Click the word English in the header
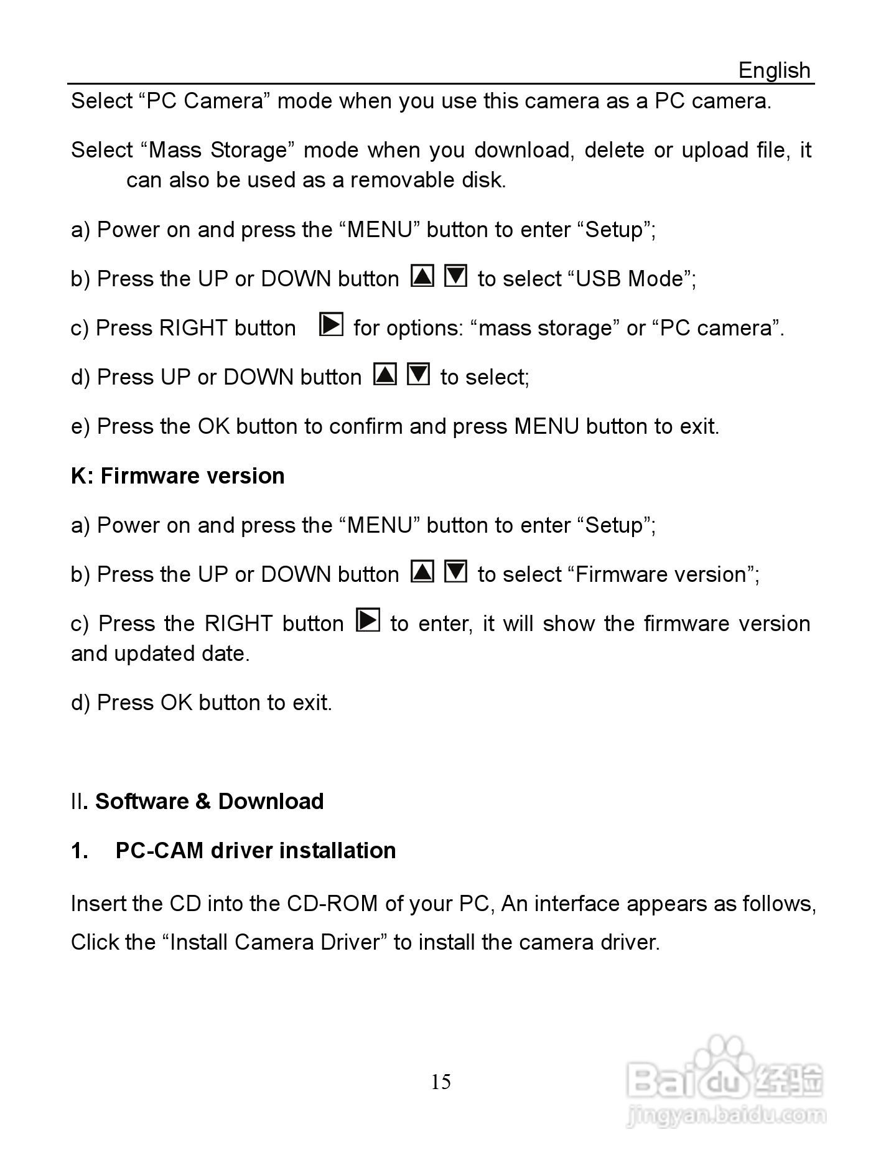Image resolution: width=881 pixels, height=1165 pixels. coord(774,70)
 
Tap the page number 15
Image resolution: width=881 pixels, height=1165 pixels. coord(440,1082)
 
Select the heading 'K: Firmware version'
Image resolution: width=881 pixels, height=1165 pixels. coord(178,476)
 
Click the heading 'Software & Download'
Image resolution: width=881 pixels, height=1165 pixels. coord(209,802)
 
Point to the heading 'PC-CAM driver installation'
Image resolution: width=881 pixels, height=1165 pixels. coord(256,851)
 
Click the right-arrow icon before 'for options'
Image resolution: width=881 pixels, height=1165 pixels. coord(331,325)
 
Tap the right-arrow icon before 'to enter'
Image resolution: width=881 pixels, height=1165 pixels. coord(368,620)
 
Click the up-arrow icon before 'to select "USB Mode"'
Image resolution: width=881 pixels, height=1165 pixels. coord(422,276)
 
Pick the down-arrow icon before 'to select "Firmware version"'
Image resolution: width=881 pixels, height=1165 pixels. coord(455,571)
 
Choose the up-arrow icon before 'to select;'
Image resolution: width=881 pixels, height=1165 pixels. coord(385,374)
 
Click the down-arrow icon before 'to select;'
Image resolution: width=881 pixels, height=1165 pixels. coord(418,374)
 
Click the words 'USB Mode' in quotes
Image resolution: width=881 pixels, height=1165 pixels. coord(630,279)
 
